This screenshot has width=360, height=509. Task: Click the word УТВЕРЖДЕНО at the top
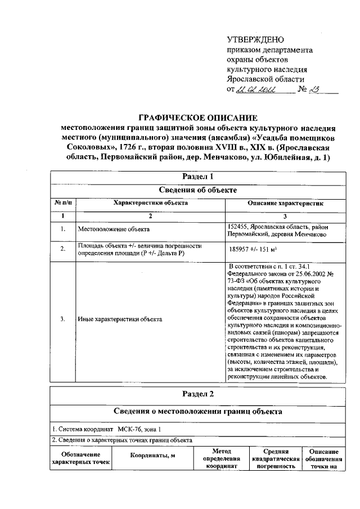[x=255, y=40]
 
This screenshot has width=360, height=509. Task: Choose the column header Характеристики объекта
[x=150, y=203]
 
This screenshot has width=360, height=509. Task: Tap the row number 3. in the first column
[x=63, y=319]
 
